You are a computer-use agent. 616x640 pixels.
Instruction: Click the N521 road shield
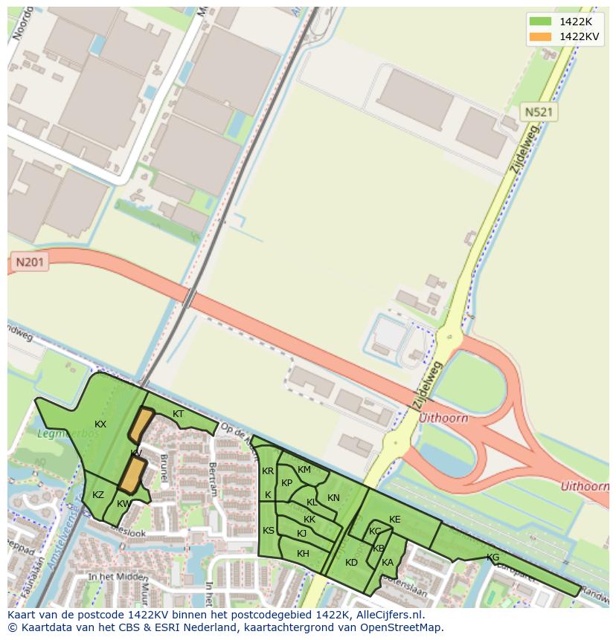click(x=539, y=112)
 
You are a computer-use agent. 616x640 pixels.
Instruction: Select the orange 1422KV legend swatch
click(x=541, y=36)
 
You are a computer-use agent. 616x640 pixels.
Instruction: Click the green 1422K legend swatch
click(x=541, y=22)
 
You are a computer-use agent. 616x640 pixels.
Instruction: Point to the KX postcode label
click(x=100, y=424)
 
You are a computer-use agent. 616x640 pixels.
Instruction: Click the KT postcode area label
click(x=179, y=414)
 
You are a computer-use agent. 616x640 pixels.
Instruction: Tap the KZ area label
click(x=98, y=495)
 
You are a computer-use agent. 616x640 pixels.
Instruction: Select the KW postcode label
click(x=123, y=504)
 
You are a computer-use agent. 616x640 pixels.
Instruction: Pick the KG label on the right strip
click(x=493, y=557)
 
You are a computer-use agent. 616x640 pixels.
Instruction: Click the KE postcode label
click(x=394, y=520)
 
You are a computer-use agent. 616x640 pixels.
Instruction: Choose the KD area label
click(x=351, y=563)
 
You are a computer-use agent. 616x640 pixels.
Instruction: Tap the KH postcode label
click(x=303, y=554)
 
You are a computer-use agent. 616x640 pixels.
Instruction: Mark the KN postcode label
click(x=333, y=498)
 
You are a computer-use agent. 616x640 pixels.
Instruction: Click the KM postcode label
click(x=304, y=470)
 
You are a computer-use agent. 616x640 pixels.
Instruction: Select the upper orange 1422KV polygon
click(x=140, y=425)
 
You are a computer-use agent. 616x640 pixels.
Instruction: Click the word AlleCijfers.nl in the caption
click(x=389, y=615)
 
